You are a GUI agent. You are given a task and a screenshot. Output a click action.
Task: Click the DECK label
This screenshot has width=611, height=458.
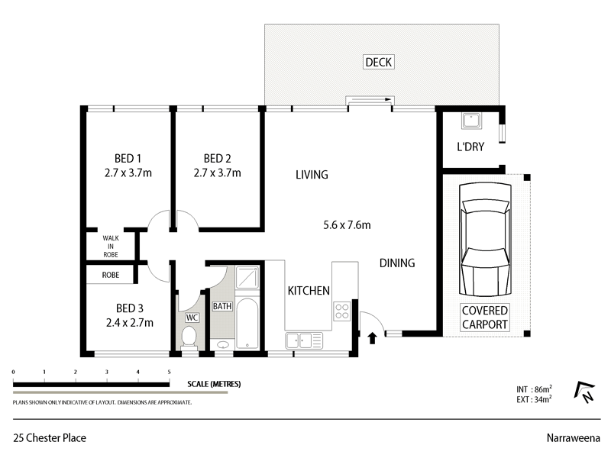380,63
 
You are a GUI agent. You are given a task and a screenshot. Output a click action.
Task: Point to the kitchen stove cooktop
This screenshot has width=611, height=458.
342,311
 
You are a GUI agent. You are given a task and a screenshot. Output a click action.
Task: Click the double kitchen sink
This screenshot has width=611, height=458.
300,341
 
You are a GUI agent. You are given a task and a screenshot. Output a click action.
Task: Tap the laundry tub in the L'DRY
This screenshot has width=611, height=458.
470,122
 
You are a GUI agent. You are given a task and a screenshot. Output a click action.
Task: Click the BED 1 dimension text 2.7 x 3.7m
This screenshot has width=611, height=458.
128,173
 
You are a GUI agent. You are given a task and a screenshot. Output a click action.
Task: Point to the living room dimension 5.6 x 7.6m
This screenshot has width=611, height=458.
347,225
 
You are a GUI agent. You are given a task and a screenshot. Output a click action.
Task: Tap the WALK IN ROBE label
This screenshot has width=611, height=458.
112,247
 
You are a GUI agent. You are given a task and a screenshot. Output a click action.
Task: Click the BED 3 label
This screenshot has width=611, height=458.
129,308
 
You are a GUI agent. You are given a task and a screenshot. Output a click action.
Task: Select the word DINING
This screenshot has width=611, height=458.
397,263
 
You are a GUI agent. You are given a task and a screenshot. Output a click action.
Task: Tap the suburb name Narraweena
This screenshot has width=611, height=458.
573,437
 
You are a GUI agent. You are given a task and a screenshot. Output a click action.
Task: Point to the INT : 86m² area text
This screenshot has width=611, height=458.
534,389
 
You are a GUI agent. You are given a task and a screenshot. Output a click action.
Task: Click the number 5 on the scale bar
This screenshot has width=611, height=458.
169,372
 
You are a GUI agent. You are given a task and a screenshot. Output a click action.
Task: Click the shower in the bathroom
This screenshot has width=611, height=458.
246,278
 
